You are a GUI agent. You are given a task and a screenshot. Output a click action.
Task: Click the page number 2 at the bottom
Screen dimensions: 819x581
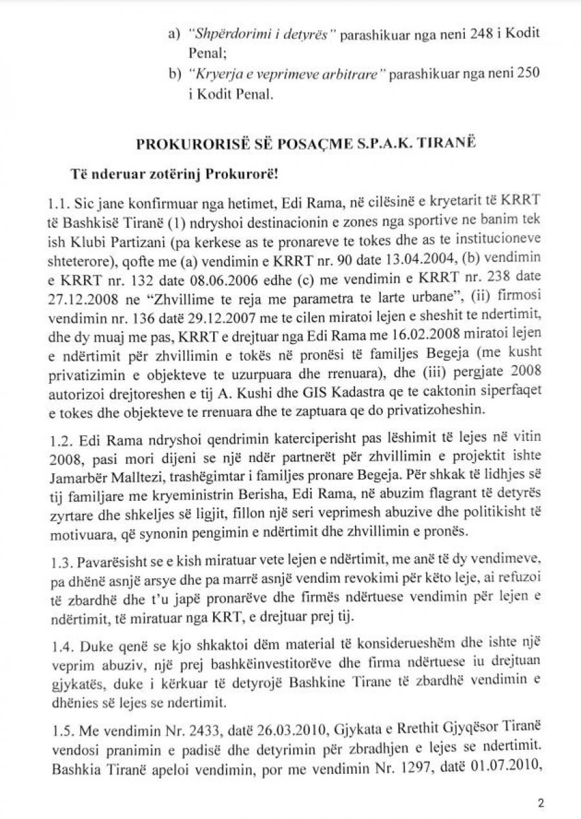(541, 804)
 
